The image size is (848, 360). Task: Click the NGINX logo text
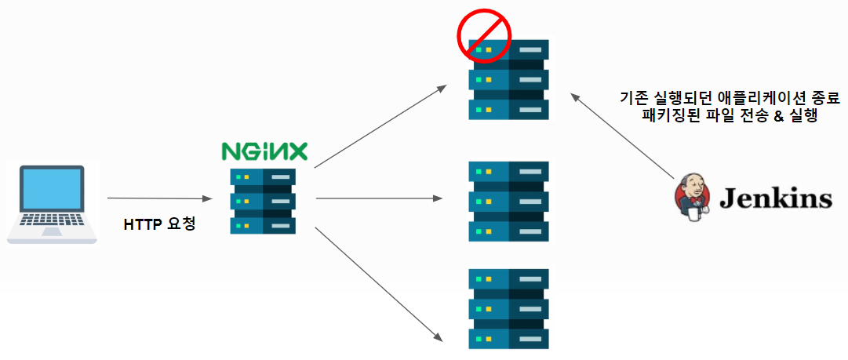pyautogui.click(x=264, y=151)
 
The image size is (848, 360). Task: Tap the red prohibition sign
pyautogui.click(x=484, y=35)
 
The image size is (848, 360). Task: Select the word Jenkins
pyautogui.click(x=775, y=198)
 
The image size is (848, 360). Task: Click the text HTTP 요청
pyautogui.click(x=159, y=224)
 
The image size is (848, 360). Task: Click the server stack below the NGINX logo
pyautogui.click(x=263, y=201)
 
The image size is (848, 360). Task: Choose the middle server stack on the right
pyautogui.click(x=508, y=202)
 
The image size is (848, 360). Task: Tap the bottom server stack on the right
pyautogui.click(x=508, y=309)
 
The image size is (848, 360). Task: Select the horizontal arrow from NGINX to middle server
pyautogui.click(x=378, y=198)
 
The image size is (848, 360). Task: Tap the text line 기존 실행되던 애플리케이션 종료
pyautogui.click(x=730, y=99)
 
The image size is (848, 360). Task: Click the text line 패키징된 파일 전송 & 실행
pyautogui.click(x=730, y=116)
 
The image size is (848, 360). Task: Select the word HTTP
pyautogui.click(x=144, y=224)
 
